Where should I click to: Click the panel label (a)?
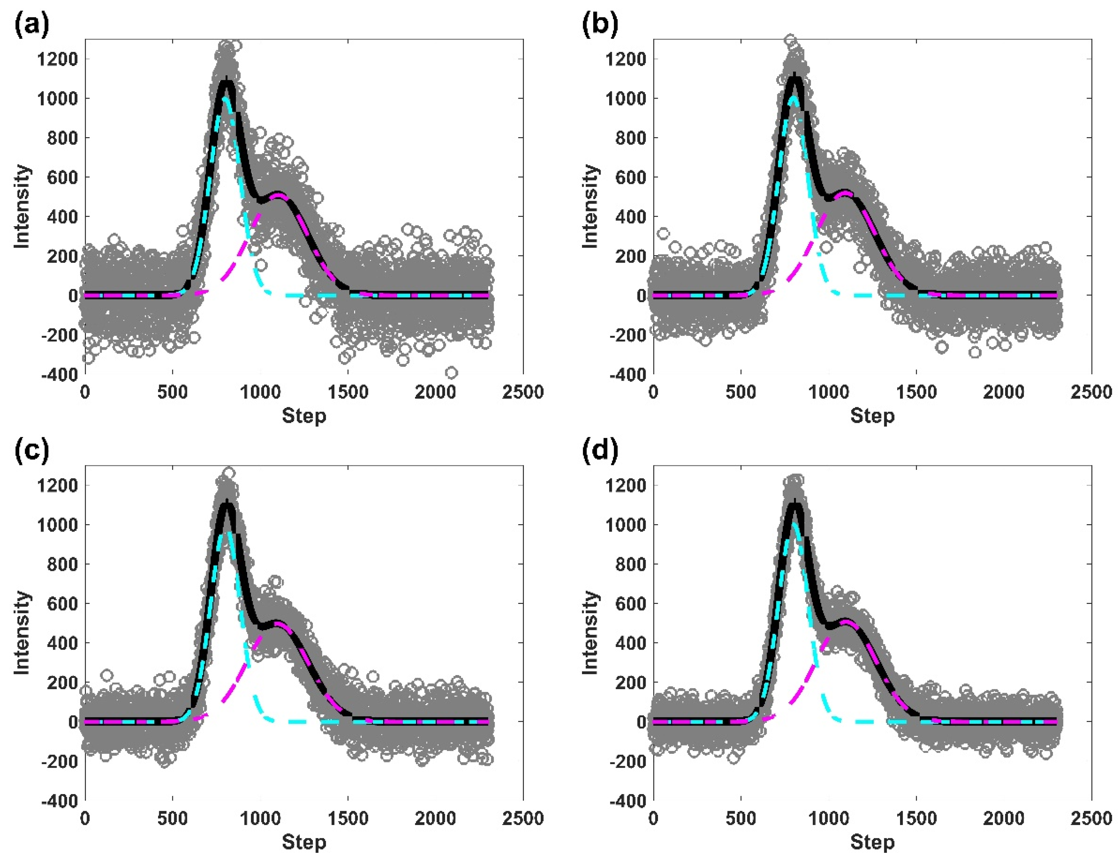pyautogui.click(x=32, y=24)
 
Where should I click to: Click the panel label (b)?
pyautogui.click(x=600, y=24)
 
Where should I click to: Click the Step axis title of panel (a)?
pyautogui.click(x=304, y=416)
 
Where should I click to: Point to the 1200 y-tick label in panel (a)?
pyautogui.click(x=57, y=59)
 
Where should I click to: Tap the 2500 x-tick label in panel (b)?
pyautogui.click(x=1091, y=393)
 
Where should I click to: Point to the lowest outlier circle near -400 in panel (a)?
pyautogui.click(x=451, y=372)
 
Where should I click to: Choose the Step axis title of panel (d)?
pyautogui.click(x=872, y=842)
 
